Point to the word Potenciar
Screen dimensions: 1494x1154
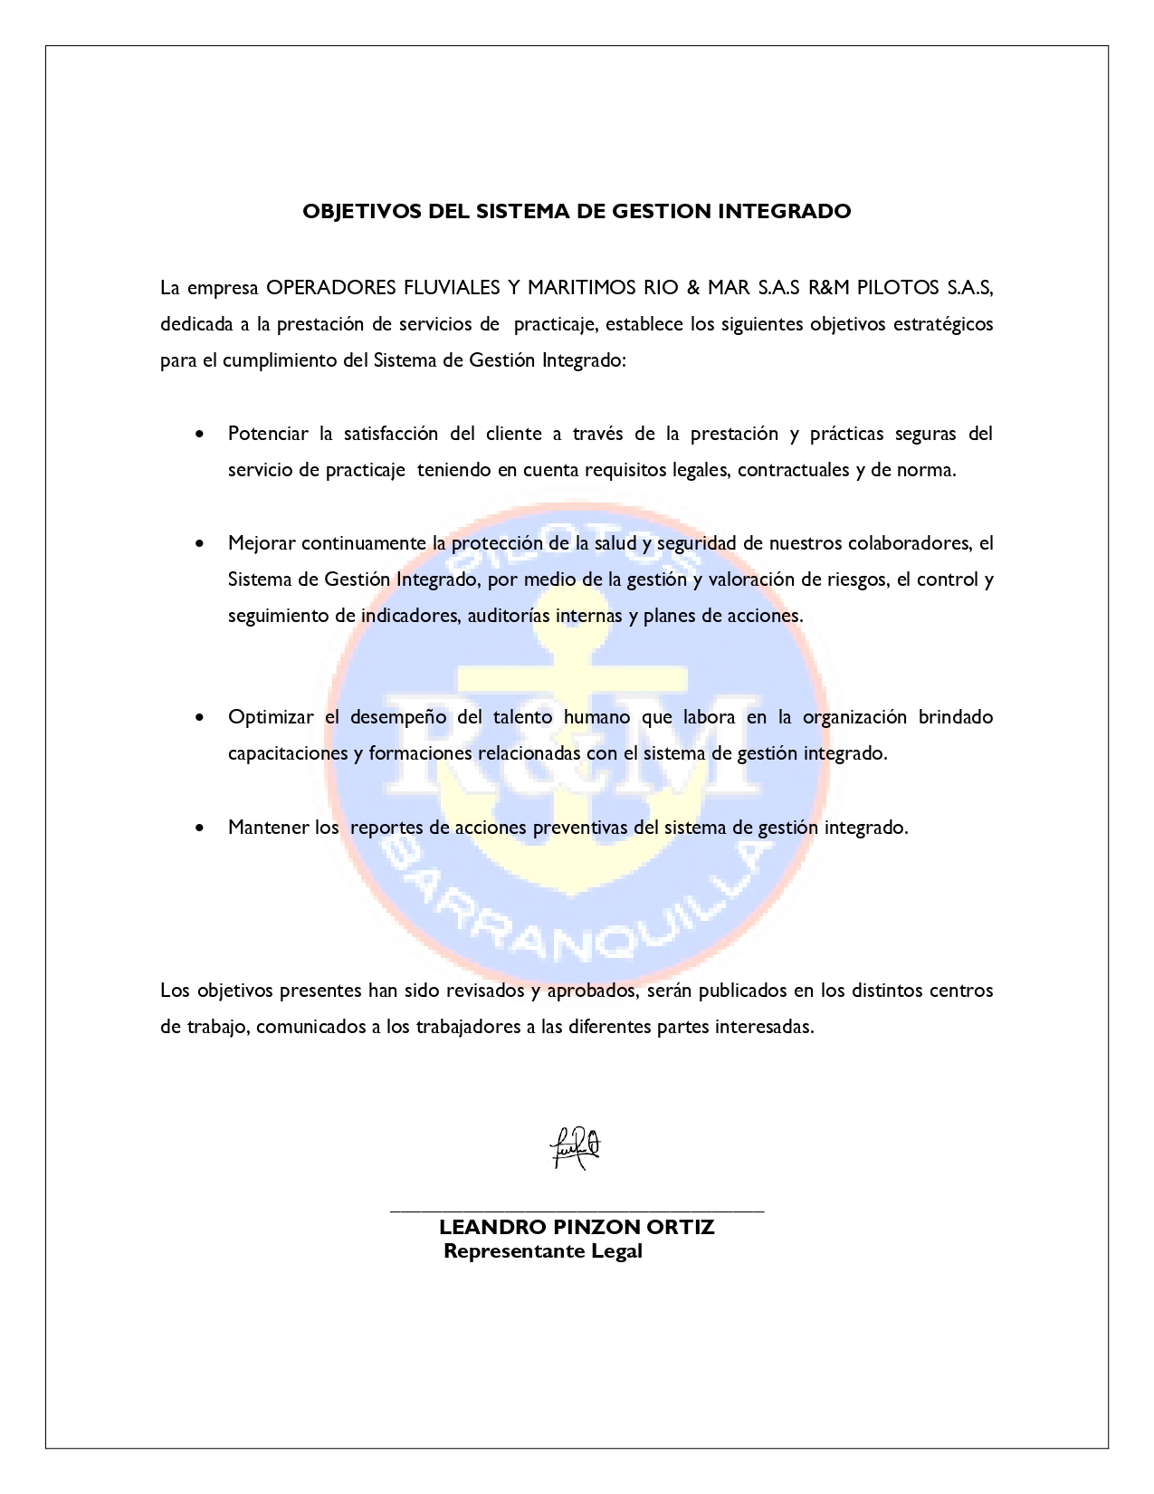pos(268,434)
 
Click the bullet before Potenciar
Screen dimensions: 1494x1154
pos(200,434)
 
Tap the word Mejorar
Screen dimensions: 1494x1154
pos(262,543)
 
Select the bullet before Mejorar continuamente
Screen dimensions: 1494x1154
pos(200,544)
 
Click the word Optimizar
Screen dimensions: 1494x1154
pos(271,717)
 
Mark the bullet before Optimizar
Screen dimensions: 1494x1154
pos(200,718)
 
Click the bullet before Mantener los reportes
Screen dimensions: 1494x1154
pos(200,828)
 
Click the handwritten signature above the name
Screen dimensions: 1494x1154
pos(576,1148)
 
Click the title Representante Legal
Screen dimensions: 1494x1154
pos(543,1251)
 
